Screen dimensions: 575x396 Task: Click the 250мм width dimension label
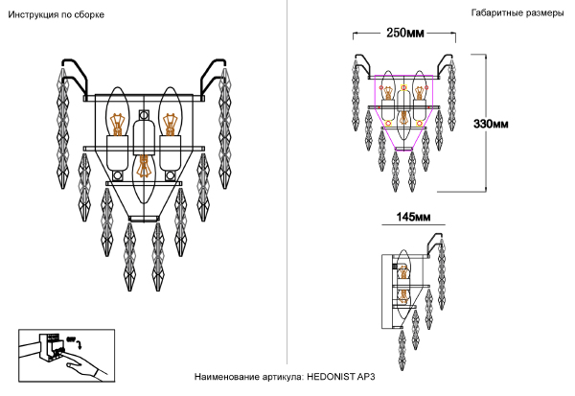point(405,33)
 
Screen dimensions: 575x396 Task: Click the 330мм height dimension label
point(491,124)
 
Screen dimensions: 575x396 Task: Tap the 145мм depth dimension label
point(413,217)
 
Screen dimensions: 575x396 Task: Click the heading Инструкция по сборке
point(57,15)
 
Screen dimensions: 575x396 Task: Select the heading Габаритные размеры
point(517,13)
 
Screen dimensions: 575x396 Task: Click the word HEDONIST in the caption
point(331,377)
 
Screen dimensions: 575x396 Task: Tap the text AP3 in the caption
point(366,377)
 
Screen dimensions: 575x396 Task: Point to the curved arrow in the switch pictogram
point(79,344)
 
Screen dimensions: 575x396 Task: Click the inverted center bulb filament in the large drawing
point(144,166)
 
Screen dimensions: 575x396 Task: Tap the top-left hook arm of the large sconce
point(76,75)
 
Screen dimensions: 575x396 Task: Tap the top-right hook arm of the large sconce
point(213,75)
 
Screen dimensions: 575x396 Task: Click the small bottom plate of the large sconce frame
point(144,220)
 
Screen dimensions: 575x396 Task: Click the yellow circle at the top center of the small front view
point(403,87)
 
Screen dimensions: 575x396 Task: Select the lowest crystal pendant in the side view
point(402,350)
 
